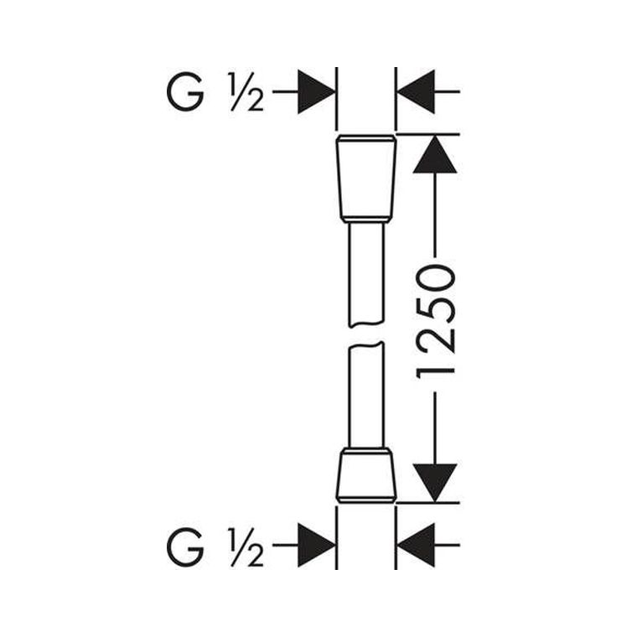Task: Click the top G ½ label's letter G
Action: click(185, 92)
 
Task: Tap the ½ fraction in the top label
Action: click(246, 92)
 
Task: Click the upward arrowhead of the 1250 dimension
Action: click(435, 155)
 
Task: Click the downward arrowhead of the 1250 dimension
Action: click(435, 482)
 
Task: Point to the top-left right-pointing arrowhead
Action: click(317, 92)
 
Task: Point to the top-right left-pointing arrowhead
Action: click(416, 92)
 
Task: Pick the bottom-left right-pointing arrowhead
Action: click(317, 545)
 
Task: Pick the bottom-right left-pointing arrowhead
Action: click(416, 545)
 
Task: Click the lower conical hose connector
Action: click(366, 475)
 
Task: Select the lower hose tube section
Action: click(366, 395)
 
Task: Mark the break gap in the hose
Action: click(366, 335)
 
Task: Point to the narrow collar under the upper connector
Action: click(366, 220)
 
